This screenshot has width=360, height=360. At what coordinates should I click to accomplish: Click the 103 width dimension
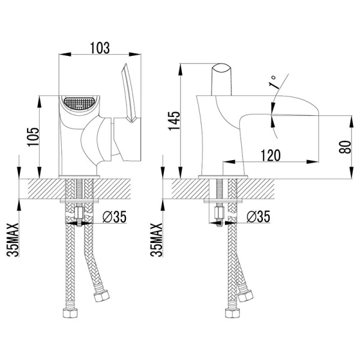(x=100, y=48)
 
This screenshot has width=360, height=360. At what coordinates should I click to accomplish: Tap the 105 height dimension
(x=33, y=137)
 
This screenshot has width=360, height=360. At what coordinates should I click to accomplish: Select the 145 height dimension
(x=174, y=121)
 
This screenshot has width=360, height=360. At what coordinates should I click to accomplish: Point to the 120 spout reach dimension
(x=271, y=155)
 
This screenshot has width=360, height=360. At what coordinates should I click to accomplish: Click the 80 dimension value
(x=345, y=147)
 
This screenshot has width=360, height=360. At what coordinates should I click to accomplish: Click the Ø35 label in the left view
(x=115, y=217)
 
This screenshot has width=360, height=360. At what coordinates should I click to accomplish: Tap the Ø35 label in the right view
(x=259, y=217)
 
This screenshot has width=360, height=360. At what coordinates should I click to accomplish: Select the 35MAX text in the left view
(x=13, y=239)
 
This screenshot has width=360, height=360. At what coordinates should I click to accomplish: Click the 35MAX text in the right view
(x=157, y=239)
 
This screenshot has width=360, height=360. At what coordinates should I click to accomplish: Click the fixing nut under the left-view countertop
(x=79, y=213)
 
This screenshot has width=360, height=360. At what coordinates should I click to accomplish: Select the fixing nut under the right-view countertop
(x=219, y=213)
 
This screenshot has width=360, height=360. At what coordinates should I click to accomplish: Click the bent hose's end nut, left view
(x=101, y=295)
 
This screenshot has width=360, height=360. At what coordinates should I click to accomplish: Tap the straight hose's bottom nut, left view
(x=70, y=313)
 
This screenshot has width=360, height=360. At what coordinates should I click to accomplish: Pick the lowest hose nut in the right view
(x=232, y=313)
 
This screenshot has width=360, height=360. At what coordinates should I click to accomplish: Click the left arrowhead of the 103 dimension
(x=65, y=55)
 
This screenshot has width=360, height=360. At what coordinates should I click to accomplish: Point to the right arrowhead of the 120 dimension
(x=313, y=162)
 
